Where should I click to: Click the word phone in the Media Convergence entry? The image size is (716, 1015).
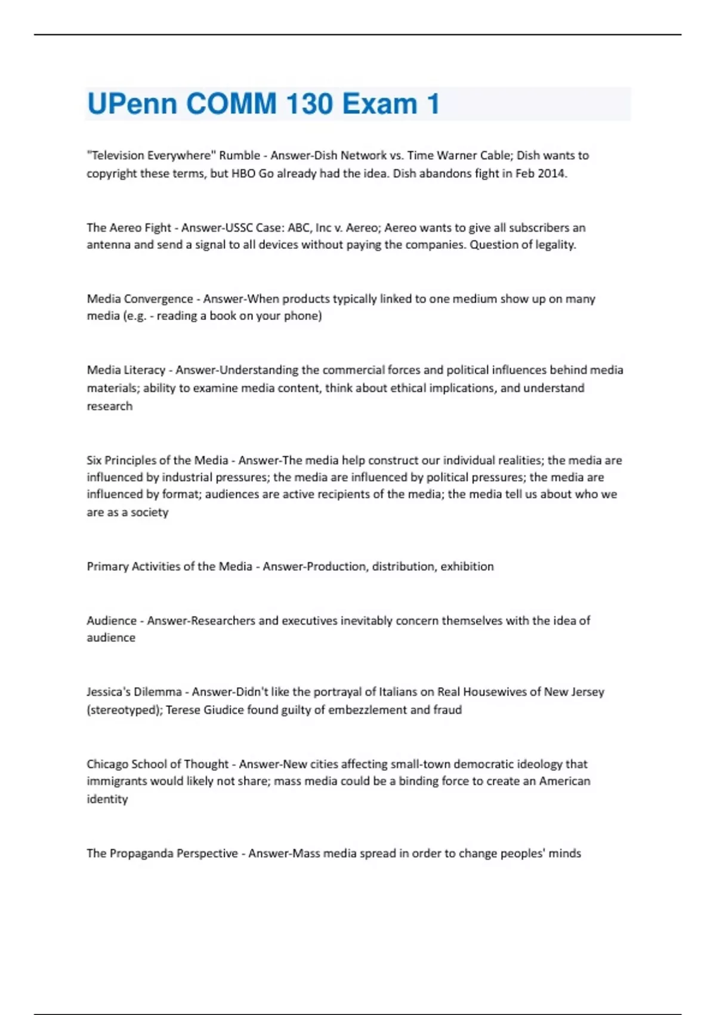[x=305, y=316]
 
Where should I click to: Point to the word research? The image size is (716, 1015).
[x=110, y=406]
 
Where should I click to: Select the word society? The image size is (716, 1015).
[x=149, y=512]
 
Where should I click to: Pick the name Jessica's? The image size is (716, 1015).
[x=108, y=692]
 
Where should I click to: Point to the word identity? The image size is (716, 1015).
[x=107, y=799]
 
